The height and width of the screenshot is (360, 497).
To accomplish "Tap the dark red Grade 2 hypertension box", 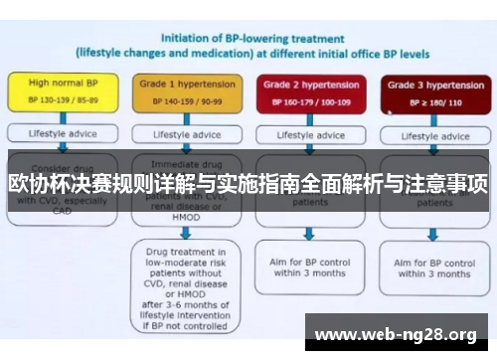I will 307,92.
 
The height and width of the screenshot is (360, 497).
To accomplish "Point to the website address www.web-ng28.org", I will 396,333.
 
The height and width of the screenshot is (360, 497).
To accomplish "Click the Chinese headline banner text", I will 248,184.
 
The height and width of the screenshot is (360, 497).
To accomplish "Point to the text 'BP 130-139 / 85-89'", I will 62,101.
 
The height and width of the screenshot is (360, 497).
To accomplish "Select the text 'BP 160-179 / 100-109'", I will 307,101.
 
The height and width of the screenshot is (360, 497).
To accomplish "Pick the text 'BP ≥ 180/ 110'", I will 428,101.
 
